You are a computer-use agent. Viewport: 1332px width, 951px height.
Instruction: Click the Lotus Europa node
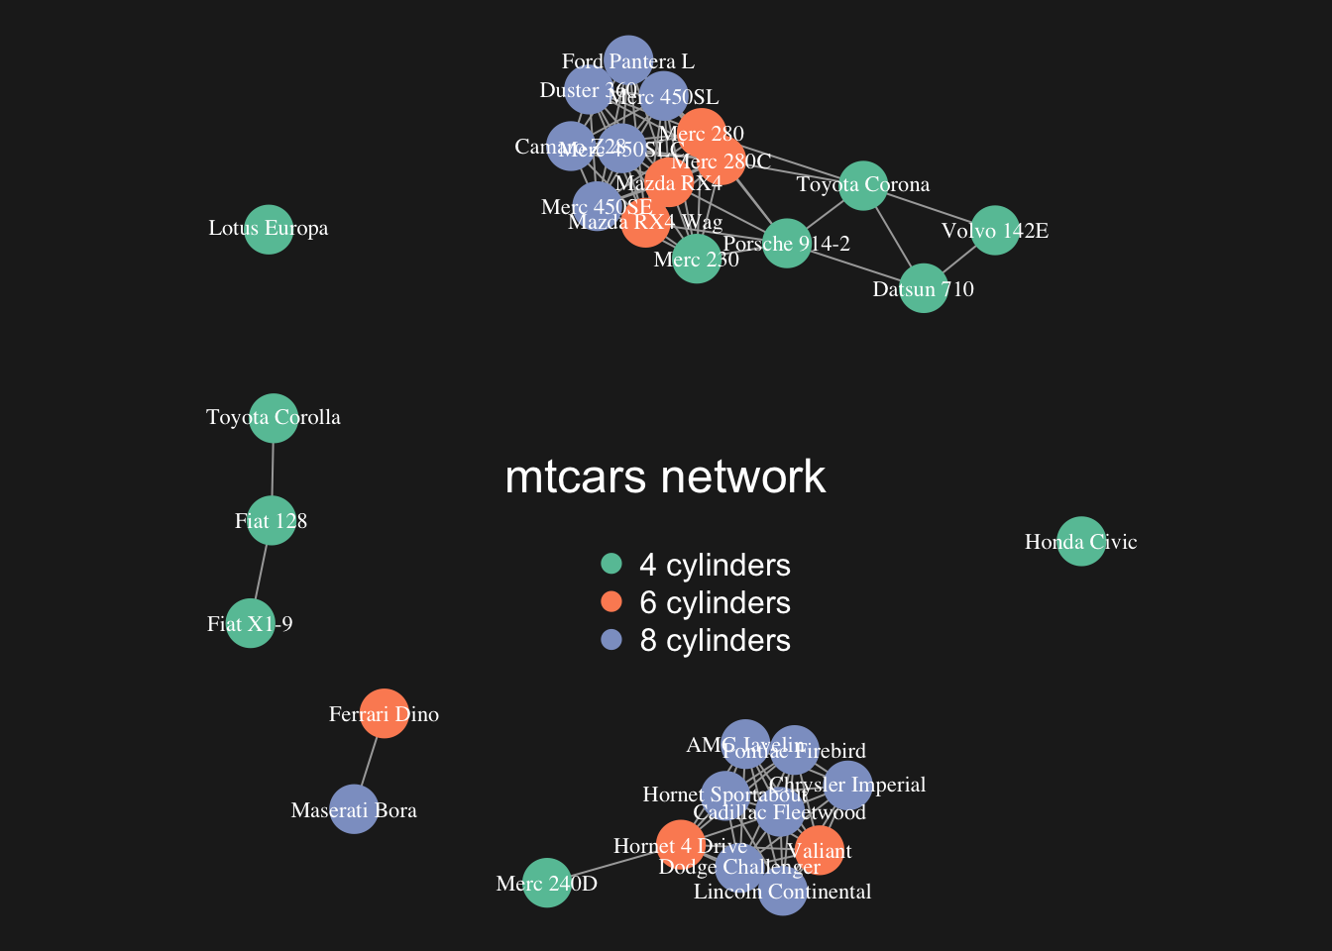pyautogui.click(x=268, y=229)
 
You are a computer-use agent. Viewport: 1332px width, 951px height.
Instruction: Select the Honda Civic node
pyautogui.click(x=1080, y=542)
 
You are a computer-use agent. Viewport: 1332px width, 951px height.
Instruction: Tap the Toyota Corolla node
pyautogui.click(x=274, y=418)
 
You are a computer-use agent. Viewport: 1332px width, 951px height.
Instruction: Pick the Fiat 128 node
pyautogui.click(x=271, y=521)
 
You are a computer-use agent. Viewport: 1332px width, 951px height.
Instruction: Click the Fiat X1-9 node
pyautogui.click(x=250, y=624)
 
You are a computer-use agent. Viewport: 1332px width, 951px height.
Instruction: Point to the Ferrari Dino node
pyautogui.click(x=384, y=714)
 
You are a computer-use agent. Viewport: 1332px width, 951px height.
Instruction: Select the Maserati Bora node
pyautogui.click(x=354, y=809)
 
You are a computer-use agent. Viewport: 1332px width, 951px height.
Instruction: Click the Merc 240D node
pyautogui.click(x=546, y=883)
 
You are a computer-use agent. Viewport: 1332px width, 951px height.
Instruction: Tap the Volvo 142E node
pyautogui.click(x=994, y=231)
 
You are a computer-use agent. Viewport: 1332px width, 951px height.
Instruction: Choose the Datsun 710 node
pyautogui.click(x=923, y=288)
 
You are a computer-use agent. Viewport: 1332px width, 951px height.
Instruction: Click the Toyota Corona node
pyautogui.click(x=862, y=185)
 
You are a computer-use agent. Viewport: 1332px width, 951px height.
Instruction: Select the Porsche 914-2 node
pyautogui.click(x=786, y=244)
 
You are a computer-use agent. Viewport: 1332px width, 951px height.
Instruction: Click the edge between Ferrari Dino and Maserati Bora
pyautogui.click(x=369, y=762)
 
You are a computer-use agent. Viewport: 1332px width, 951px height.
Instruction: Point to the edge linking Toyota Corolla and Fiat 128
pyautogui.click(x=273, y=470)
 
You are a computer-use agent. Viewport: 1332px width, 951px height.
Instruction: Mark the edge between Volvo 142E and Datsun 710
pyautogui.click(x=958, y=260)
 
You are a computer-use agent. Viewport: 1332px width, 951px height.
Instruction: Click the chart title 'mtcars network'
pyautogui.click(x=665, y=477)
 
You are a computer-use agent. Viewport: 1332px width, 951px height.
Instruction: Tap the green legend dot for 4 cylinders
pyautogui.click(x=611, y=564)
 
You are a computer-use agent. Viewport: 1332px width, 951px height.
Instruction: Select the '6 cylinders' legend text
pyautogui.click(x=715, y=602)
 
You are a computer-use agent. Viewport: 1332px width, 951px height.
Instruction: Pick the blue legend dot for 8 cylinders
pyautogui.click(x=611, y=640)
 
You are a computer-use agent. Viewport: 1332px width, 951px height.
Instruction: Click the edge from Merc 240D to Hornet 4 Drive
pyautogui.click(x=612, y=863)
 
